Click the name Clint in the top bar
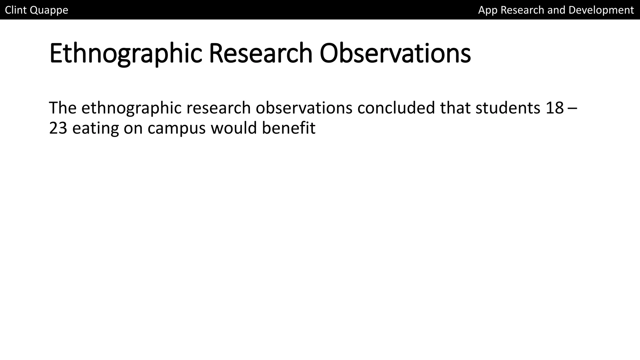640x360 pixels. tap(16, 10)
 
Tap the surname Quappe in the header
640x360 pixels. tap(49, 10)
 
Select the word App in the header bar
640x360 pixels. tap(488, 10)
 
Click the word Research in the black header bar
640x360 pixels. tap(522, 10)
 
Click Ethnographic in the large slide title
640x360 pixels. tap(126, 54)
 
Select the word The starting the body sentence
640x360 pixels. tap(63, 108)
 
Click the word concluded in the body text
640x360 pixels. tap(396, 108)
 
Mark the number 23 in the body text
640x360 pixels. tap(58, 128)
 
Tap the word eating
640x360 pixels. tap(95, 128)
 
